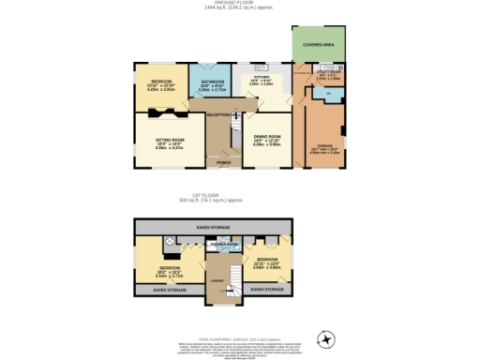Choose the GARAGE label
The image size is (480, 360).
[324, 145]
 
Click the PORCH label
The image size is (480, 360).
[223, 163]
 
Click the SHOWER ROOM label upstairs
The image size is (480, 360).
[224, 243]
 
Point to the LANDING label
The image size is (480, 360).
[216, 280]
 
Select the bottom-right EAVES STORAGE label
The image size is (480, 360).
[268, 290]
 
